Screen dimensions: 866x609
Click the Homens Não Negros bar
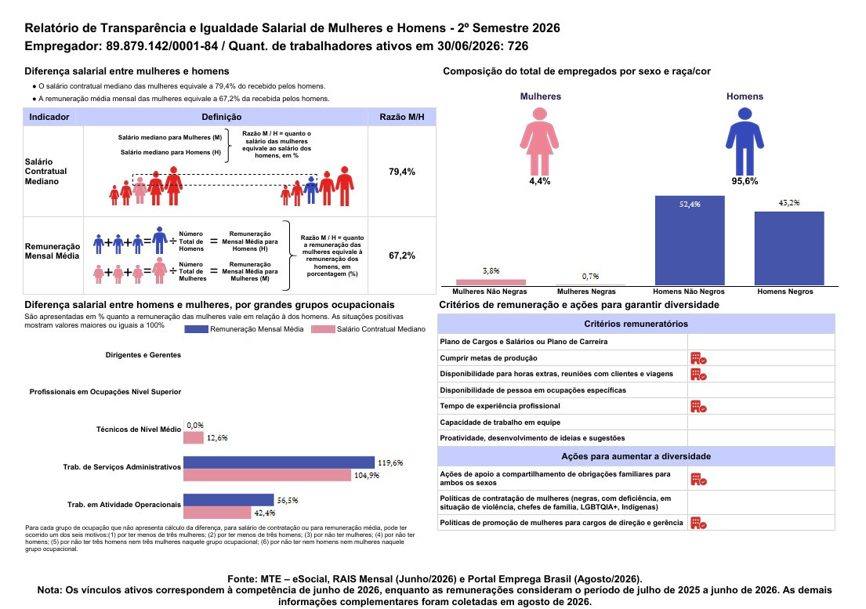click(689, 241)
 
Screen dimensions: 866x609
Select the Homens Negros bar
click(789, 248)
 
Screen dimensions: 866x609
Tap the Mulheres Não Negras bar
click(491, 282)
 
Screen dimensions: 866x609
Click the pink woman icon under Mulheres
click(540, 141)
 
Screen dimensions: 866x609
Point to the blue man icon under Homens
click(745, 141)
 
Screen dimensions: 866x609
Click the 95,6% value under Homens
click(745, 181)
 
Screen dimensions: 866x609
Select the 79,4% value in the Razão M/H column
click(401, 172)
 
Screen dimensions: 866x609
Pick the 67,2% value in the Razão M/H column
click(401, 256)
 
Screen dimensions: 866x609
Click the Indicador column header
click(49, 117)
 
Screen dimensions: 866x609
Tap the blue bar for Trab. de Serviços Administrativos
click(279, 462)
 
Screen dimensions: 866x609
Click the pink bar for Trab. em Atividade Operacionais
click(217, 513)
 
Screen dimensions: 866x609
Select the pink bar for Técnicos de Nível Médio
click(194, 438)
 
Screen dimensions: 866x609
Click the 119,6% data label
click(390, 462)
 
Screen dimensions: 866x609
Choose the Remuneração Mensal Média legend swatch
click(196, 329)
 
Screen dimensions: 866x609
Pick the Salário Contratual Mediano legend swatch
click(323, 329)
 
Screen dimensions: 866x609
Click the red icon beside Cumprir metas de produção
click(698, 358)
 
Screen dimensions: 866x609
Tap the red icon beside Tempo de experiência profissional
click(698, 406)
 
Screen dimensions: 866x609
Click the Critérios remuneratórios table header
click(636, 324)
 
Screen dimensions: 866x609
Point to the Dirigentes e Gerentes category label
click(143, 355)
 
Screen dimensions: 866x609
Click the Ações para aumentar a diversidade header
click(636, 457)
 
